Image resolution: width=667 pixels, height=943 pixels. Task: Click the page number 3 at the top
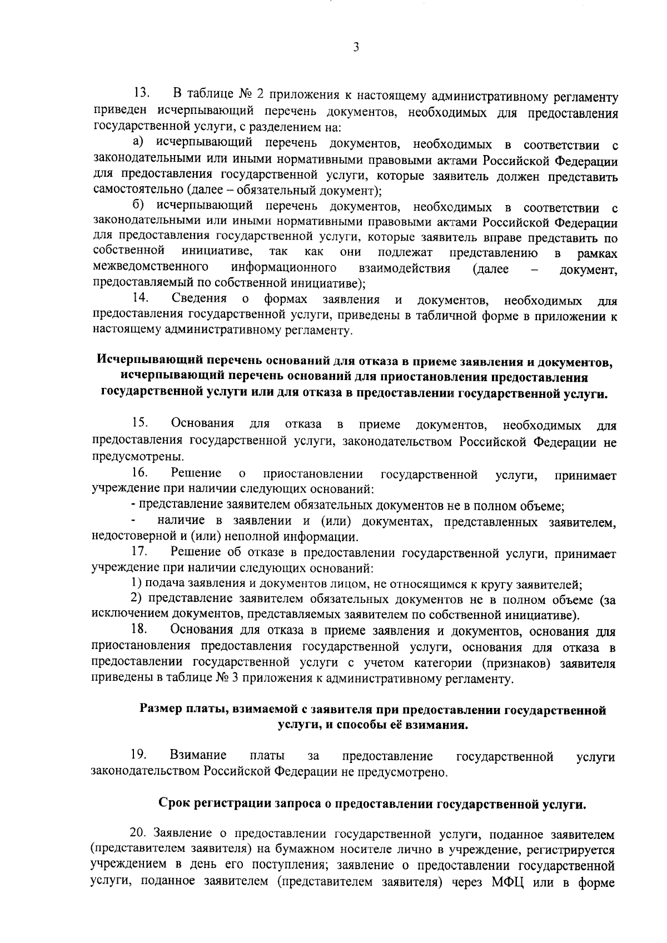pos(356,48)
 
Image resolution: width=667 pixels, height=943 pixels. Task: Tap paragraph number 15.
pos(140,424)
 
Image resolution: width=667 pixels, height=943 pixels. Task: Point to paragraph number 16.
pos(139,473)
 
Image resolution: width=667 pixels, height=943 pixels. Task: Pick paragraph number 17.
pos(139,553)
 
